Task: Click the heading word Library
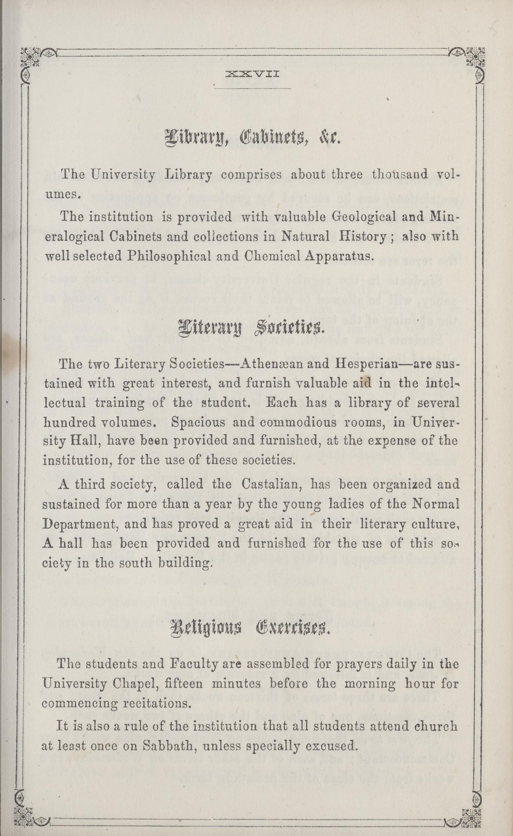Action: [x=193, y=138]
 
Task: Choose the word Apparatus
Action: [x=337, y=256]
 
